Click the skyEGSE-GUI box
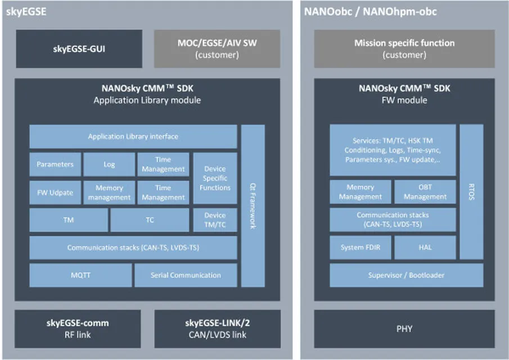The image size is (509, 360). [79, 49]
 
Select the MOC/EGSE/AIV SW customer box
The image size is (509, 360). [217, 49]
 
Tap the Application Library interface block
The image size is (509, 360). [133, 137]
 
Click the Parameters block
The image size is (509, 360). [55, 164]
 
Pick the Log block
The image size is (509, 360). [109, 164]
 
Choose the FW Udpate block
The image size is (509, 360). [55, 192]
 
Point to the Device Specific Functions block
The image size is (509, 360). [215, 178]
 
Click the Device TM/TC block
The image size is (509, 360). [215, 220]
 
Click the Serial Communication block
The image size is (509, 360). [186, 275]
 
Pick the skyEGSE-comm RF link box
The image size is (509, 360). [78, 328]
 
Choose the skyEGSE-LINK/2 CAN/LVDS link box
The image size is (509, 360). [217, 328]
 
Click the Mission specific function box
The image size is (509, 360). [404, 49]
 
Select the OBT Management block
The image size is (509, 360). [425, 192]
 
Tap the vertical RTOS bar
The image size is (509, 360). [471, 192]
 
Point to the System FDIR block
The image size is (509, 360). [360, 247]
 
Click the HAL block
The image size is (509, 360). [425, 247]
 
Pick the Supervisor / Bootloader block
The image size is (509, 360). [406, 275]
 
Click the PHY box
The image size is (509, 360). [404, 328]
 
